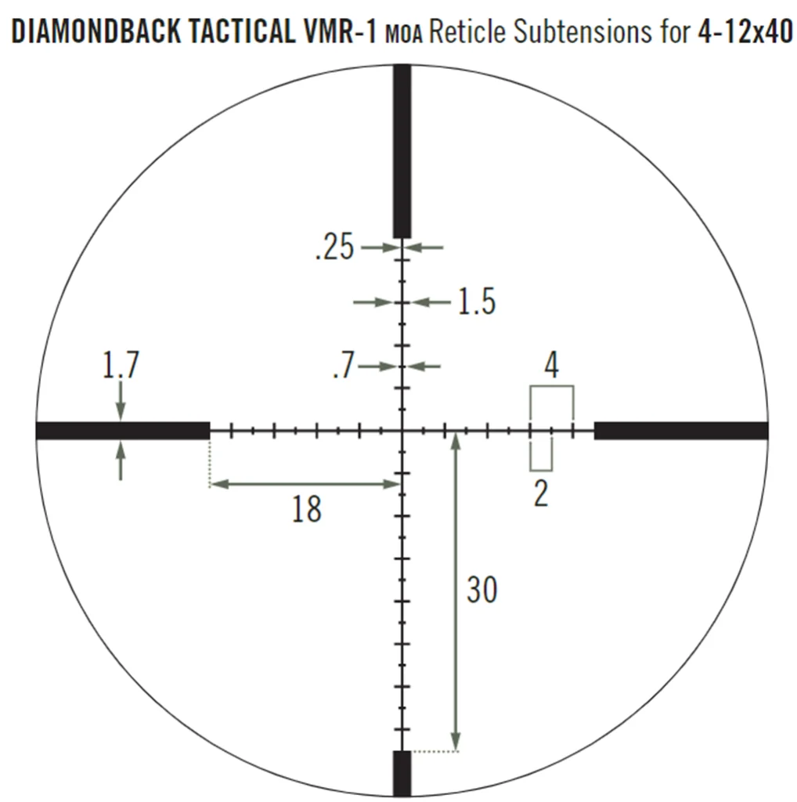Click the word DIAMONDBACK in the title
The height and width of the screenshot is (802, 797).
(x=96, y=31)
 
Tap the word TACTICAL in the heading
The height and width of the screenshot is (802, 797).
(x=242, y=31)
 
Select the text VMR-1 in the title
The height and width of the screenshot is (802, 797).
(x=340, y=31)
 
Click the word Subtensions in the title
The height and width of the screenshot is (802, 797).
(x=582, y=31)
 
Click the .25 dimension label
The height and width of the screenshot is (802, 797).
(x=335, y=247)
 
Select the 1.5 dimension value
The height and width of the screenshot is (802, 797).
(x=477, y=302)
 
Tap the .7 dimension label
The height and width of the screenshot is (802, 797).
(x=344, y=365)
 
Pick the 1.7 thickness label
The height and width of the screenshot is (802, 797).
(x=121, y=365)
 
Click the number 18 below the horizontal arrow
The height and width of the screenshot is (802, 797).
(x=307, y=509)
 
